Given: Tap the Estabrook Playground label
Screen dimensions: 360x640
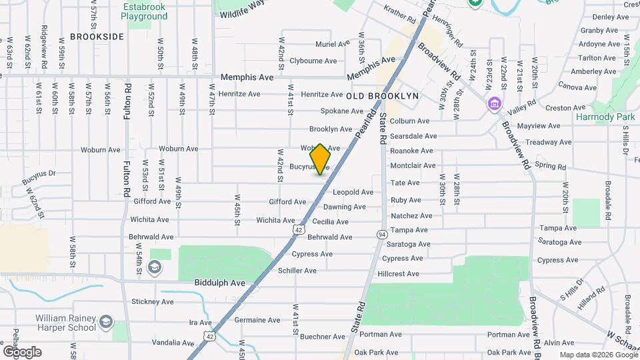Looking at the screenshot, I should pos(144,11).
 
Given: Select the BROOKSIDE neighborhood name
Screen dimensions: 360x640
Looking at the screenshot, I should pos(97,37).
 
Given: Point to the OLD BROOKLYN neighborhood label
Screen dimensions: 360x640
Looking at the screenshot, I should pos(383,96).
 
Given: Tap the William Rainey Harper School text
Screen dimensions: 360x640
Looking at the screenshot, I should pos(65,323).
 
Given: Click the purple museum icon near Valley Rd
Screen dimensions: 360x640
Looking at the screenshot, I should pos(494,104).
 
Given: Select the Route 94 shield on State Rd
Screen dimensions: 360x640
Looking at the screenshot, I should pos(382,235).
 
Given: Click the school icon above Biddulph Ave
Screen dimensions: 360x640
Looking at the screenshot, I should pos(155,268).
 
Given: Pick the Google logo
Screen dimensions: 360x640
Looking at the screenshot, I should pos(21,352).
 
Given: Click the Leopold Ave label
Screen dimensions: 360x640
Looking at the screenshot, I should pos(353,192).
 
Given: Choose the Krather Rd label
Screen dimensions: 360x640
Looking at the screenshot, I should pos(400,11).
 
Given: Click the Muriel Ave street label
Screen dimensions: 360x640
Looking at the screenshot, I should pos(332,44).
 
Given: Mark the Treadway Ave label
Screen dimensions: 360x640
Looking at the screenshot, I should pos(548,142).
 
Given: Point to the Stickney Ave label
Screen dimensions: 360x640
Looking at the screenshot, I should pos(153,302).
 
